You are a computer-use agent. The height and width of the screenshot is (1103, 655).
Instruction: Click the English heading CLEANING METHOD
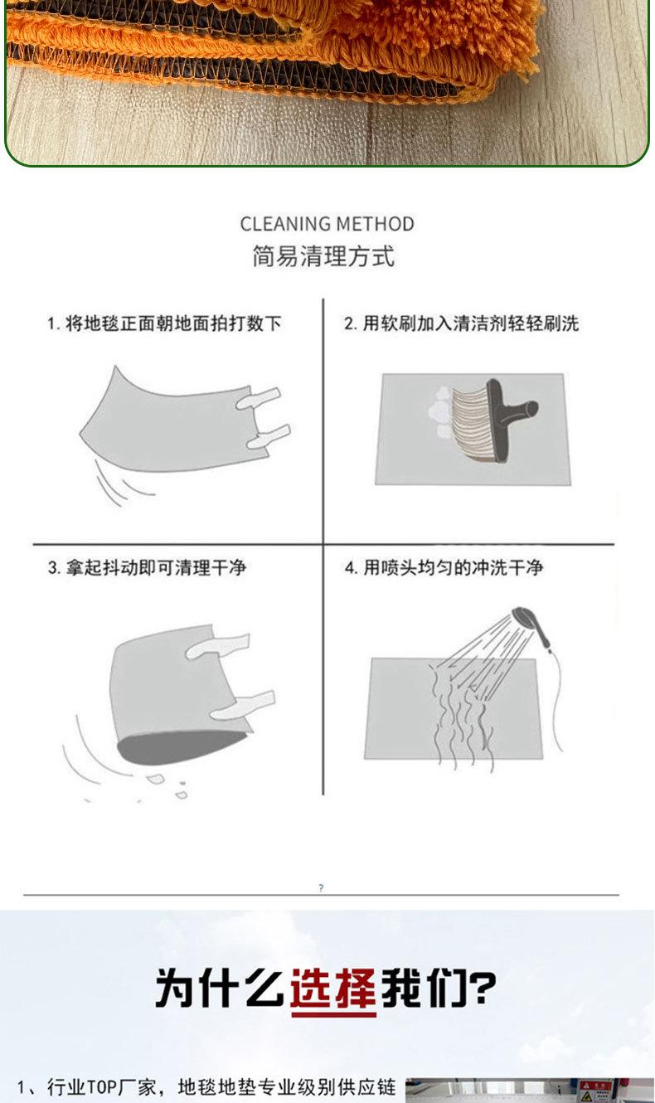tap(327, 224)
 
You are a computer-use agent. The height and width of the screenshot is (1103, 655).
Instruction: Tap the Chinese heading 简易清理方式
tap(323, 256)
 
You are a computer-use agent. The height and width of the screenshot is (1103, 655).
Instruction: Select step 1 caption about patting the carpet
tap(164, 323)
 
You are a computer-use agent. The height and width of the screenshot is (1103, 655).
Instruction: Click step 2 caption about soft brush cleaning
tap(461, 323)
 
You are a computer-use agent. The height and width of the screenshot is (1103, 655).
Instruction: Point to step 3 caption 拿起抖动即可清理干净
tap(147, 568)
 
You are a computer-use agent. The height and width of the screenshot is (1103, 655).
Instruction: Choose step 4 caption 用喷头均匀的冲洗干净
tap(444, 568)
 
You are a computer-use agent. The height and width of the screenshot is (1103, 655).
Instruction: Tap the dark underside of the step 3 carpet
tap(178, 746)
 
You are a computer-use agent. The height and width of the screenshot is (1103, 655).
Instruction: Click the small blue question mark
tap(321, 888)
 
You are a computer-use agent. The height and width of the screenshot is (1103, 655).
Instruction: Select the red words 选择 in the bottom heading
tap(333, 989)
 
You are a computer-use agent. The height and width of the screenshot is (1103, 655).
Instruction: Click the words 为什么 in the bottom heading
tap(221, 989)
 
